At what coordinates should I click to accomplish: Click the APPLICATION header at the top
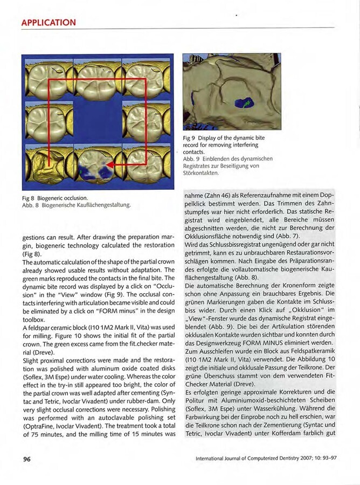(x=48, y=22)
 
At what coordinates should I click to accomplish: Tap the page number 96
(x=27, y=459)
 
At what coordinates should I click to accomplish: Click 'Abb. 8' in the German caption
(x=30, y=205)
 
